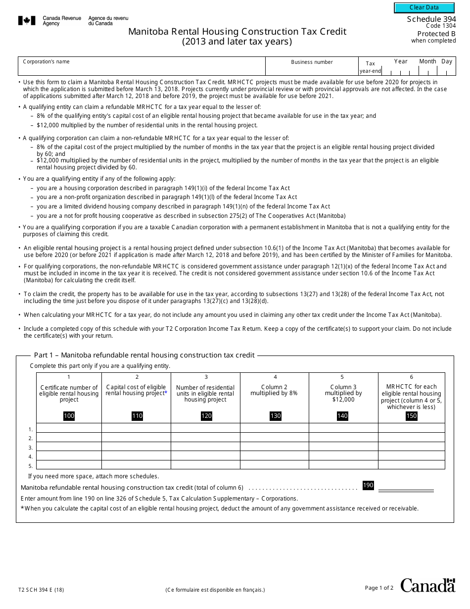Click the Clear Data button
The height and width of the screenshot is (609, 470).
click(424, 7)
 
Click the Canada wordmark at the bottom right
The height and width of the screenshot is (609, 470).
click(427, 585)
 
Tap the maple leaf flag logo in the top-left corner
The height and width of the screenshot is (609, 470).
click(27, 21)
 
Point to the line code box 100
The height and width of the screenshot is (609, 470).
click(69, 416)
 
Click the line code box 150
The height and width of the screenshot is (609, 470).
click(411, 416)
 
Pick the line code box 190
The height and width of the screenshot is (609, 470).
click(368, 486)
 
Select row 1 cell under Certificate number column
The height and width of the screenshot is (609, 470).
click(69, 428)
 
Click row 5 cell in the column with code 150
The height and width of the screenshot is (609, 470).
click(411, 465)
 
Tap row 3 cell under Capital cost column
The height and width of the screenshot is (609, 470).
click(136, 447)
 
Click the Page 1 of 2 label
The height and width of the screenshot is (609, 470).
click(379, 588)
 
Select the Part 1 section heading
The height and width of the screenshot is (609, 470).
click(144, 355)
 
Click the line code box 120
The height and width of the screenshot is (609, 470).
click(206, 416)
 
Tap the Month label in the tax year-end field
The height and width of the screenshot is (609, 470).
click(427, 61)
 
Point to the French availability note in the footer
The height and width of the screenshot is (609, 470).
click(215, 590)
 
